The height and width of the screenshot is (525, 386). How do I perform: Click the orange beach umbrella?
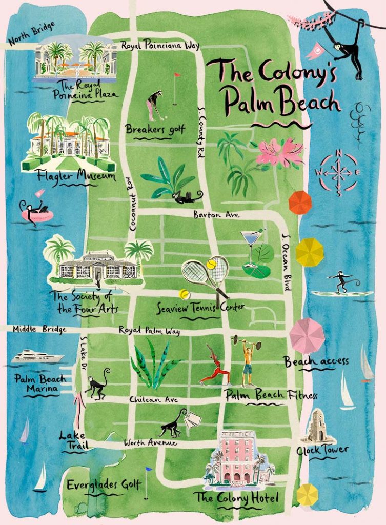(300, 203)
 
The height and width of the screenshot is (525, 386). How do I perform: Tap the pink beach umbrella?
(307, 336)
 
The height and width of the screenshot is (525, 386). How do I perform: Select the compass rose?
(338, 172)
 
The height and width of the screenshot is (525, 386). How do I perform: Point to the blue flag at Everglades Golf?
(148, 469)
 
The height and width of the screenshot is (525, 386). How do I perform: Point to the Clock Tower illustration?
(319, 426)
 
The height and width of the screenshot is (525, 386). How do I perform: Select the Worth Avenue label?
(150, 442)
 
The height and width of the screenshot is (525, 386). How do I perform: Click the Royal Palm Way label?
(149, 331)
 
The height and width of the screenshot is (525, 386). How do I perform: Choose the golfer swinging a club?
(154, 106)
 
